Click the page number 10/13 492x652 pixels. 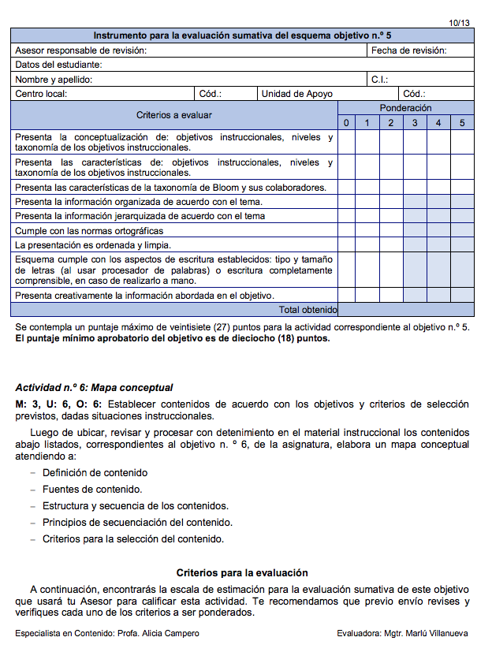459,23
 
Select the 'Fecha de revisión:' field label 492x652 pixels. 408,50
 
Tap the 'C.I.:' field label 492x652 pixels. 380,80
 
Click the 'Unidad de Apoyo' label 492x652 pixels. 297,94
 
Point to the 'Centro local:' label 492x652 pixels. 41,94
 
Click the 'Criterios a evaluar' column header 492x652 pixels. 174,115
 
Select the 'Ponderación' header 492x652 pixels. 405,108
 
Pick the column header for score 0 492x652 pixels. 345,123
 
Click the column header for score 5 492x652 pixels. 462,123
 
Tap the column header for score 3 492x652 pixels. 415,123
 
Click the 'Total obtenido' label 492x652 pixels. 308,310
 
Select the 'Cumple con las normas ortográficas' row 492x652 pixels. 89,231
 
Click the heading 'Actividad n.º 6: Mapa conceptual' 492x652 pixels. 94,388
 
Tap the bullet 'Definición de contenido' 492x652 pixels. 95,473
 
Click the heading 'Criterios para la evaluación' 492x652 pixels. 242,573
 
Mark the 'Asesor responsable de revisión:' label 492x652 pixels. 80,50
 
